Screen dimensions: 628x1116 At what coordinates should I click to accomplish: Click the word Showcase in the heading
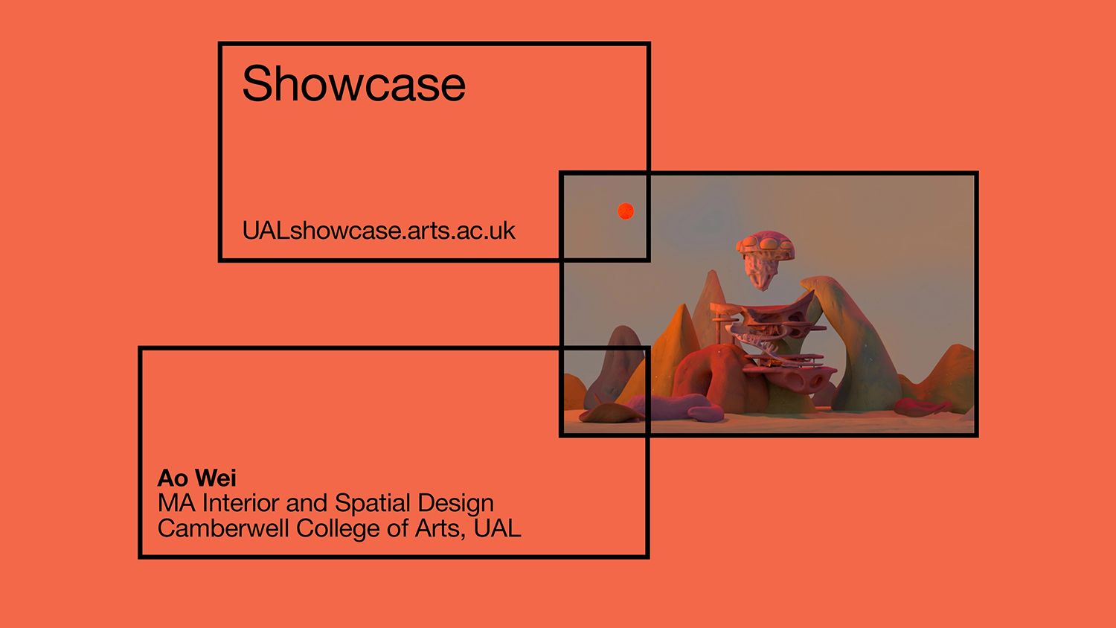[x=353, y=83]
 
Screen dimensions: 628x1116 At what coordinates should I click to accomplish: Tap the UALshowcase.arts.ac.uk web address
[x=378, y=231]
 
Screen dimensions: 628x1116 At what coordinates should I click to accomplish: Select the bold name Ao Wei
[x=196, y=478]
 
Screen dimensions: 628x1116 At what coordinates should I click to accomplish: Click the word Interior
[x=241, y=503]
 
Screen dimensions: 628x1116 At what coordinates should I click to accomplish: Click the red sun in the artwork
[x=626, y=212]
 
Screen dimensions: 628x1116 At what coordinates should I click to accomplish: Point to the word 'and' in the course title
[x=307, y=504]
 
